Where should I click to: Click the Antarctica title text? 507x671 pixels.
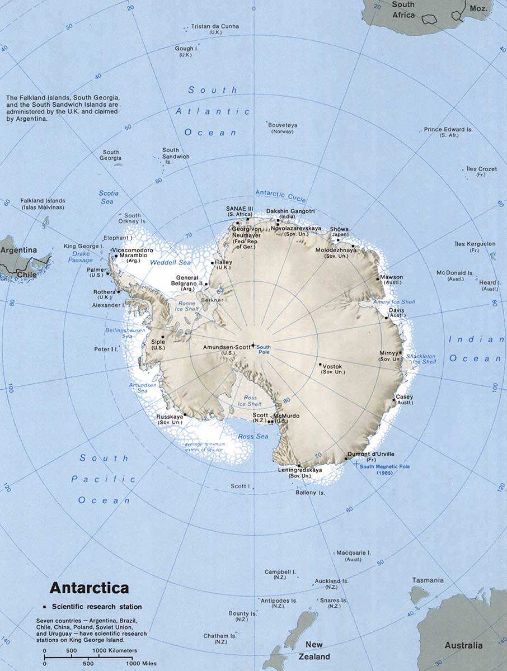pos(89,588)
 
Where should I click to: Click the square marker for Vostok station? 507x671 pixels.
pos(320,365)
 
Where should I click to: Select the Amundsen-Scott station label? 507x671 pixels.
pos(228,347)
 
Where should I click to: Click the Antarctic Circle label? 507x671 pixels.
pos(280,193)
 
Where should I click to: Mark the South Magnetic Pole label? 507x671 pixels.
pos(385,466)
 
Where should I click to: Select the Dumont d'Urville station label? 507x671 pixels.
pos(371,453)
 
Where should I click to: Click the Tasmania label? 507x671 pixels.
pos(428,580)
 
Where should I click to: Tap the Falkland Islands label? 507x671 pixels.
pos(43,201)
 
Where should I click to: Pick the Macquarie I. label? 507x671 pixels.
pos(354,552)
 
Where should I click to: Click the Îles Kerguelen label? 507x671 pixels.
pos(475,244)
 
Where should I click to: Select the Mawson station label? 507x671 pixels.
pos(391,277)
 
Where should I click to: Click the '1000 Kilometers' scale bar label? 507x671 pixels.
pos(115,650)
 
